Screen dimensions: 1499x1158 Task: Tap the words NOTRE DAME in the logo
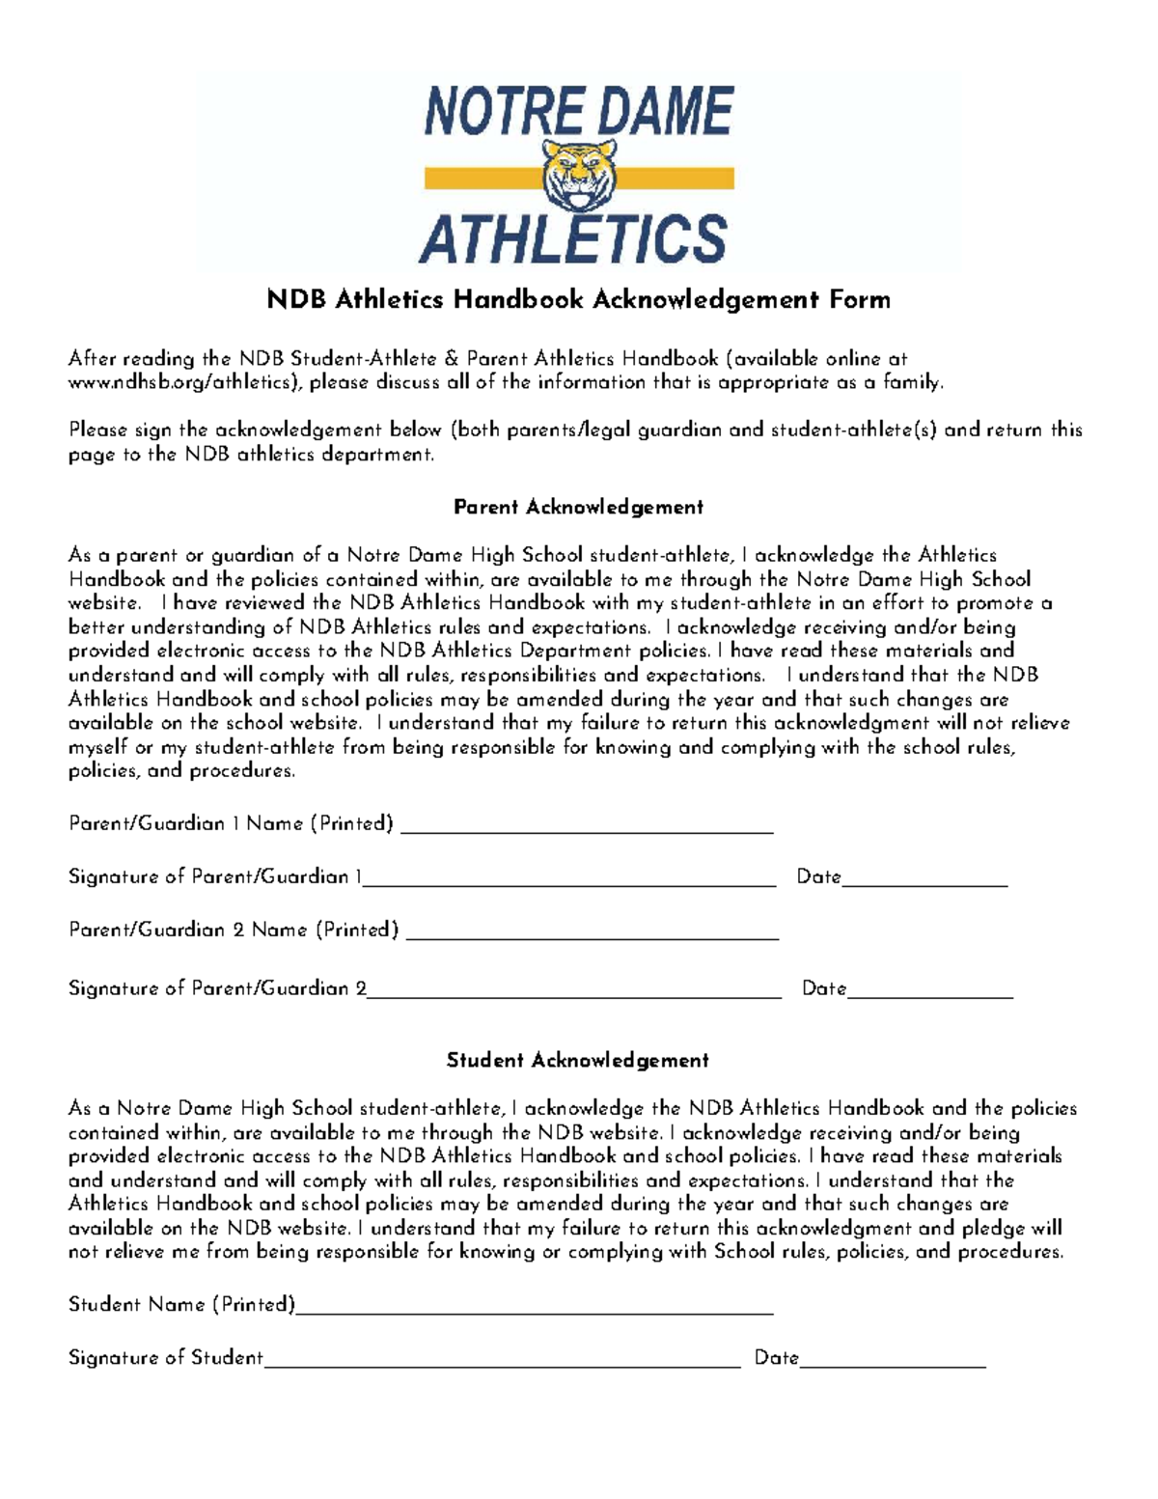579,111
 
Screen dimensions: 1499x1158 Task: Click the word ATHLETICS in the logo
574,238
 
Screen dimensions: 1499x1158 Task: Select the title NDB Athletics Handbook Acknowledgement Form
579,300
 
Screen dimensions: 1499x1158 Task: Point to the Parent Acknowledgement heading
579,508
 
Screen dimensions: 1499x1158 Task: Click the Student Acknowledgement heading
577,1061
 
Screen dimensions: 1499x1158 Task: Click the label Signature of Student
165,1358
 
